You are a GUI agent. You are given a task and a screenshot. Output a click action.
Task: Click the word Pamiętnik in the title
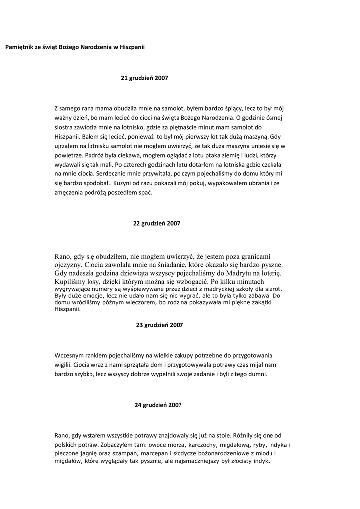click(x=19, y=47)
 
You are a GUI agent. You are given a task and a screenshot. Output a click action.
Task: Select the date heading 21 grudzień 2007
click(x=145, y=78)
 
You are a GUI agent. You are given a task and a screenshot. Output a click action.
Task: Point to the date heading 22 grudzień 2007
click(x=157, y=224)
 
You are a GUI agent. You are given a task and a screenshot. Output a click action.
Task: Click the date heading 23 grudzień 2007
click(x=160, y=325)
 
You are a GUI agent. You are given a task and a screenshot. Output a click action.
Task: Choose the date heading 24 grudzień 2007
click(x=158, y=405)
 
